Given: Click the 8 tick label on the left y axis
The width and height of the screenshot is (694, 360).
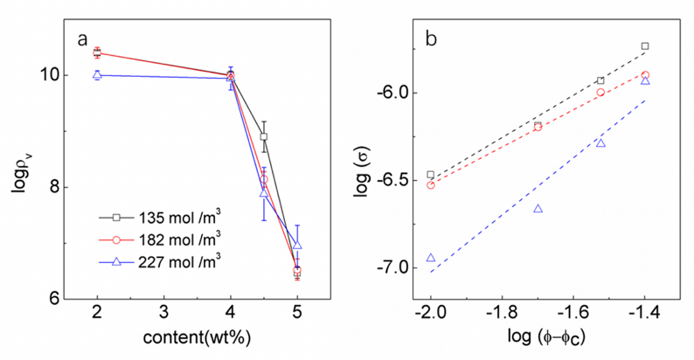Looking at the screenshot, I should click(x=55, y=187).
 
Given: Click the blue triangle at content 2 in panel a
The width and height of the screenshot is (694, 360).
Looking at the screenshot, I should click(x=97, y=75).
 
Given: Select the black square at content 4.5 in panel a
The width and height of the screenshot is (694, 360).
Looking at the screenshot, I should click(x=264, y=136).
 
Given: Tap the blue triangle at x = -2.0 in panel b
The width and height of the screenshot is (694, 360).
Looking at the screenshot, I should click(x=430, y=258).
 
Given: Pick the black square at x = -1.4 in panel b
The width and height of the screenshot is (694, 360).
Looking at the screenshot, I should click(x=645, y=45).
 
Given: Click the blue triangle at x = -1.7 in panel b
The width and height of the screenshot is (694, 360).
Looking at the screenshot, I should click(x=538, y=208).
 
